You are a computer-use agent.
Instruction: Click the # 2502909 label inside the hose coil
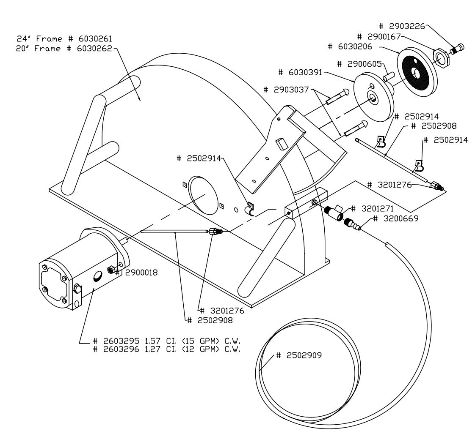pos(299,355)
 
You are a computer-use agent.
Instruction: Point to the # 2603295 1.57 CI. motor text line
pos(169,341)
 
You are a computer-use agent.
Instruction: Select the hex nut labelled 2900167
pos(440,58)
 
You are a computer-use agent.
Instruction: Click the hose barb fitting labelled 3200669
pos(353,224)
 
